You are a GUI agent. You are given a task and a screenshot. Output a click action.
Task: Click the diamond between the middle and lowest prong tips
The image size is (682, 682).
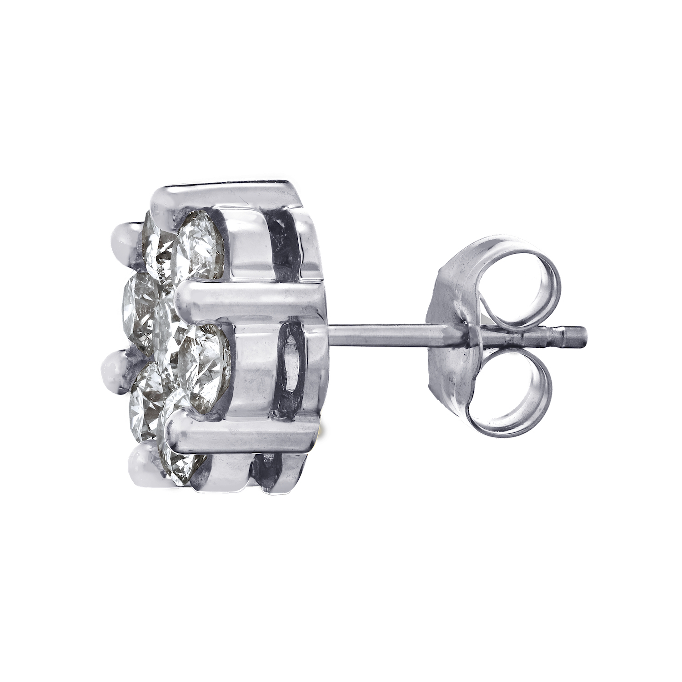tap(145, 411)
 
